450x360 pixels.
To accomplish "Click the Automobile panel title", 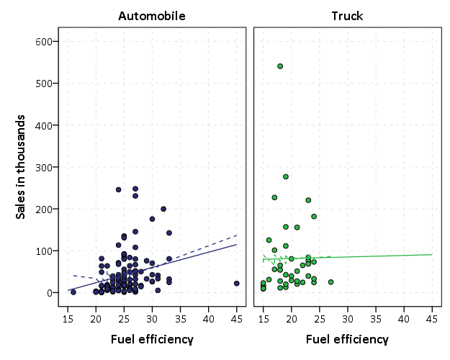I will [151, 16].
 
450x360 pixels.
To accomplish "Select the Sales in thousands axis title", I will [22, 166].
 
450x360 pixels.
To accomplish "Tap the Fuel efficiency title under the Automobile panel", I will [151, 339].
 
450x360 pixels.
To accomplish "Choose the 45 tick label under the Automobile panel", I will [236, 318].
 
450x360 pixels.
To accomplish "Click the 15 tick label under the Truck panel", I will [263, 318].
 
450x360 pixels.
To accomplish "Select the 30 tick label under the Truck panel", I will [348, 318].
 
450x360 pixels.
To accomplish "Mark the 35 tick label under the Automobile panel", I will [180, 318].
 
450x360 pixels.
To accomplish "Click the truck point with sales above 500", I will [280, 66].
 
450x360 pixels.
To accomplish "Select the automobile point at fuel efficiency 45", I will [236, 284].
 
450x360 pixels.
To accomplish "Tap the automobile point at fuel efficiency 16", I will [73, 292].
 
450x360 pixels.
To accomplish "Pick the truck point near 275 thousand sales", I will [286, 176].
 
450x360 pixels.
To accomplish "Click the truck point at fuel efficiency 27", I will [330, 282].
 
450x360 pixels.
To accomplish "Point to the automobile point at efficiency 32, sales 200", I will [163, 209].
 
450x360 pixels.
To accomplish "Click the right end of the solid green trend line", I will [432, 254].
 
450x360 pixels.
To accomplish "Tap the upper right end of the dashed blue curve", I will [237, 235].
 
